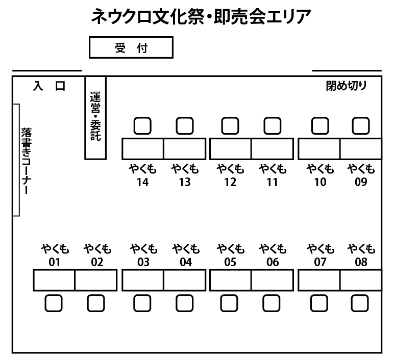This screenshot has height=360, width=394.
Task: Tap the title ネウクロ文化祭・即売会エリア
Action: coord(201,17)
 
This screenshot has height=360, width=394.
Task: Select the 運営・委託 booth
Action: coord(95,117)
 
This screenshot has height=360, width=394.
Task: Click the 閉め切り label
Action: coord(346,86)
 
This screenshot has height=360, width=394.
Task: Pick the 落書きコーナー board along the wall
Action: coord(16,160)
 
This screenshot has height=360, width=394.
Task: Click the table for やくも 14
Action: coord(142,149)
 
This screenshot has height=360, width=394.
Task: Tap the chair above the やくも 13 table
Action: coord(184,125)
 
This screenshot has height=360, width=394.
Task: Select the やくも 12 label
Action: coord(230,175)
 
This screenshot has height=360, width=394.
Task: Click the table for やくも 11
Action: coord(272,149)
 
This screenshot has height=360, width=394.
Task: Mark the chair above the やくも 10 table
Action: coord(319,125)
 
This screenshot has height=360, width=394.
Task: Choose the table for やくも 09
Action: coord(360,149)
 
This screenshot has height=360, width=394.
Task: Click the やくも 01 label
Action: coord(55,255)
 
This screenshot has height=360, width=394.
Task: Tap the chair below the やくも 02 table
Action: coord(95,303)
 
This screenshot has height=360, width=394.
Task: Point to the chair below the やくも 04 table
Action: coord(184,303)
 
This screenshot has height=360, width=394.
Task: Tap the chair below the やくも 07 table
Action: coord(319,303)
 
